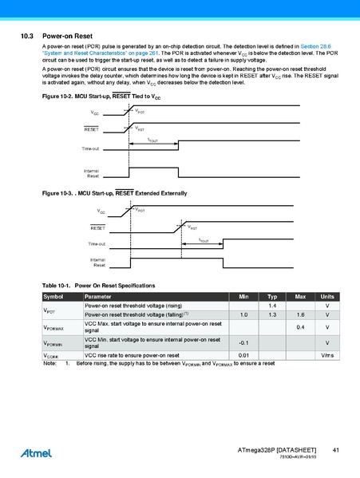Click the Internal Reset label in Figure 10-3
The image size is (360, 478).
click(x=97, y=262)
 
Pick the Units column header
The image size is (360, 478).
click(x=327, y=297)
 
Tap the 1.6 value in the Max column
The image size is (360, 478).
click(x=300, y=315)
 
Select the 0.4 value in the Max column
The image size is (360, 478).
click(x=300, y=327)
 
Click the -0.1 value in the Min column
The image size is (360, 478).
click(x=244, y=343)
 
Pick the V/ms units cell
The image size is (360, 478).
click(x=327, y=355)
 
